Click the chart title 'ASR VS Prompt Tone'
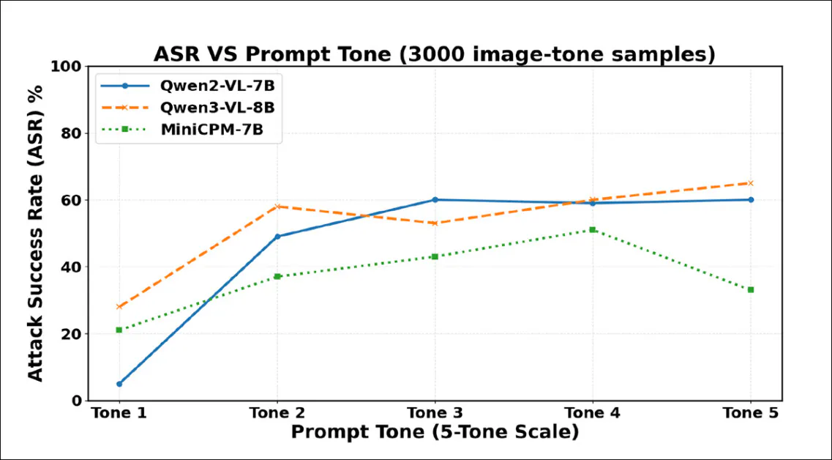click(434, 54)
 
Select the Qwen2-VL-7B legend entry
click(218, 85)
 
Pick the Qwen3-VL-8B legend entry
click(218, 108)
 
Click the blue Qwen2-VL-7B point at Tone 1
click(119, 384)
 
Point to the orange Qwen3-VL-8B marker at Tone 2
click(277, 207)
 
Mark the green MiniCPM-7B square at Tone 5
click(751, 290)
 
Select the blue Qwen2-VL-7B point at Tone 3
click(435, 200)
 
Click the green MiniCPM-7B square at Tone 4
click(593, 230)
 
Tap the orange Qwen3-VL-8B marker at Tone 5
click(751, 183)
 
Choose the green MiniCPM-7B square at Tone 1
click(119, 330)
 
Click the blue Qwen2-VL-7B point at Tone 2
click(277, 237)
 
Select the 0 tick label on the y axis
click(76, 401)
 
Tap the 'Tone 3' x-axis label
click(435, 414)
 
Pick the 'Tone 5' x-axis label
click(751, 414)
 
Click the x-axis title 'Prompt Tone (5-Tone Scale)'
click(435, 432)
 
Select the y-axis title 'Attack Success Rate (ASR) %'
click(35, 233)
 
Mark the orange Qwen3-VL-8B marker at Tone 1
click(119, 307)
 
